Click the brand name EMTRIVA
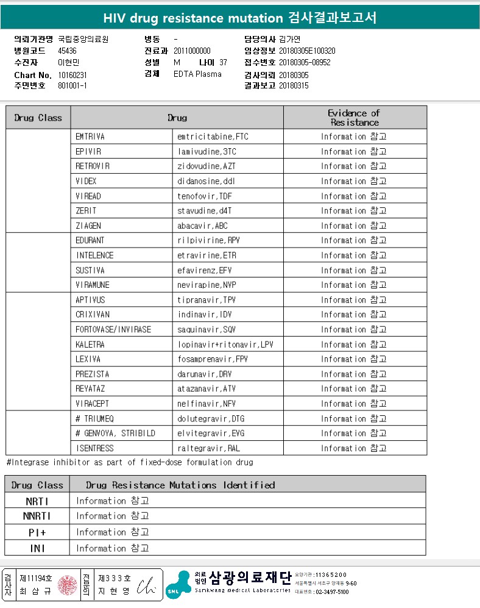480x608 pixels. click(x=90, y=137)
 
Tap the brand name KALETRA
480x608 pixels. click(x=90, y=345)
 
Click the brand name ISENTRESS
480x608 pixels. click(x=94, y=448)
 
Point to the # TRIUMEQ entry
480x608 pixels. click(x=96, y=418)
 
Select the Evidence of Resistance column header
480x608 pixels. click(x=354, y=117)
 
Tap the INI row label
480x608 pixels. click(x=38, y=548)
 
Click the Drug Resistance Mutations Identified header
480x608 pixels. click(x=180, y=485)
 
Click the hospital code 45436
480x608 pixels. click(x=67, y=51)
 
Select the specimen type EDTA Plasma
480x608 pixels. click(x=197, y=74)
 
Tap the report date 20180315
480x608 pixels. click(x=294, y=86)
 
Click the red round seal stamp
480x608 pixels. click(x=67, y=585)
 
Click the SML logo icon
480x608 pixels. click(x=178, y=584)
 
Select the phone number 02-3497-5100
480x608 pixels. click(x=331, y=592)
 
